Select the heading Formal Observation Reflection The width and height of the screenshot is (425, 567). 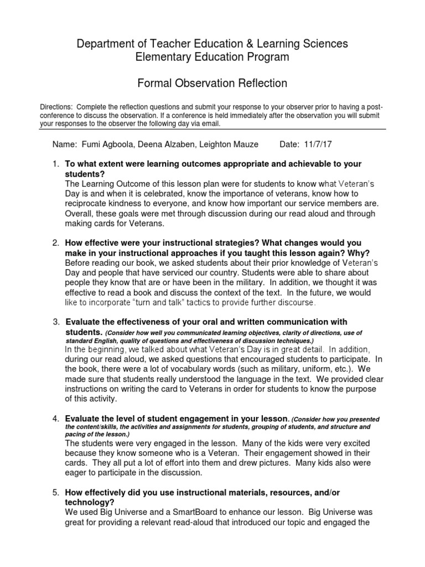point(212,84)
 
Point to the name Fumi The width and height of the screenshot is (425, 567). point(91,145)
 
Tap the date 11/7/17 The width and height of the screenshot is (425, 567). point(318,145)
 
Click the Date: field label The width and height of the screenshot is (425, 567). point(290,145)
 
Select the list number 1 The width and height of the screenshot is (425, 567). point(55,164)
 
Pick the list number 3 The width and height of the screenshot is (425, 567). point(56,322)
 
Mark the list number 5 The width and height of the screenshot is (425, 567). point(55,492)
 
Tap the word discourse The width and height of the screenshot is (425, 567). point(296,302)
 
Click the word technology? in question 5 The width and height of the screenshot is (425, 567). point(90,502)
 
